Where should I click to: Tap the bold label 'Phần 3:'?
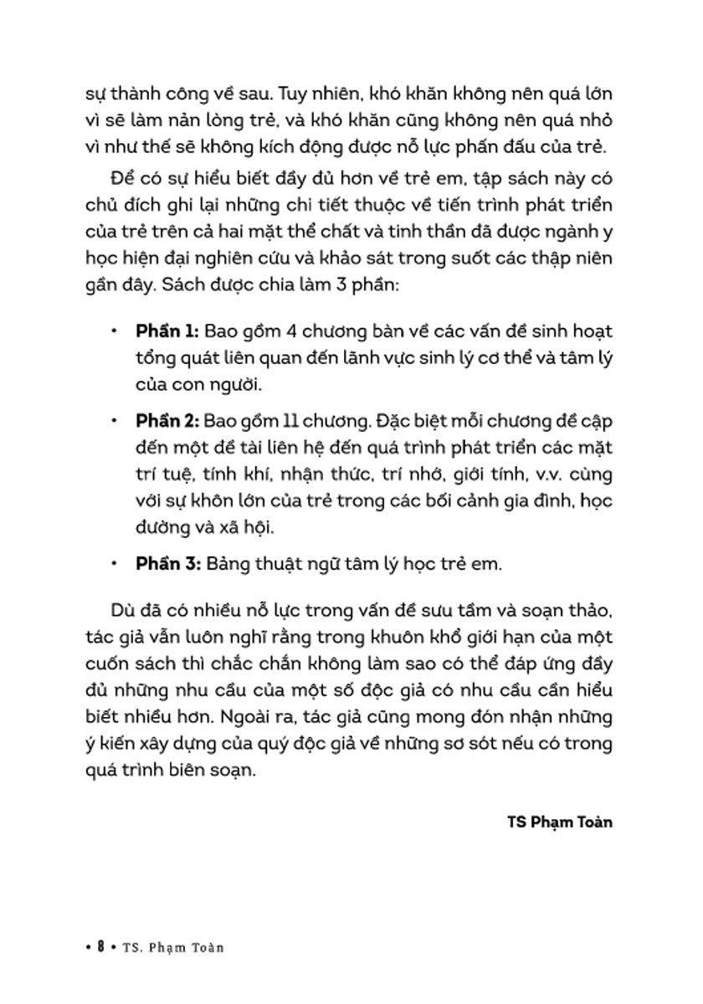pyautogui.click(x=166, y=563)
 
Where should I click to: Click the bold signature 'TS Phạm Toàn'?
pyautogui.click(x=560, y=822)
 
